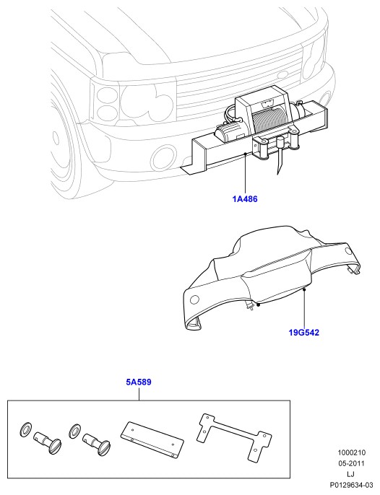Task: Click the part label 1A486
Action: pyautogui.click(x=245, y=199)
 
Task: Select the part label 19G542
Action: pyautogui.click(x=304, y=333)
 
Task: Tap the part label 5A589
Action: pyautogui.click(x=139, y=382)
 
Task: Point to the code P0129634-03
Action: pyautogui.click(x=352, y=485)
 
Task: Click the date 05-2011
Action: pyautogui.click(x=352, y=463)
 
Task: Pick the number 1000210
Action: pyautogui.click(x=352, y=452)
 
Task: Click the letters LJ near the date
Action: pyautogui.click(x=350, y=474)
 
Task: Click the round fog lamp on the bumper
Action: pyautogui.click(x=163, y=157)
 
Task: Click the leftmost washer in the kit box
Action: pyautogui.click(x=25, y=429)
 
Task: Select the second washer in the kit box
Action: pyautogui.click(x=74, y=429)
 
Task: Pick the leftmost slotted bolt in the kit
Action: pyautogui.click(x=48, y=442)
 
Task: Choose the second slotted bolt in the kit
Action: pyautogui.click(x=96, y=444)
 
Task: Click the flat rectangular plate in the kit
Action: pyautogui.click(x=152, y=439)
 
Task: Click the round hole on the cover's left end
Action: pyautogui.click(x=195, y=299)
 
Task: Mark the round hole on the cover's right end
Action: pyautogui.click(x=348, y=251)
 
